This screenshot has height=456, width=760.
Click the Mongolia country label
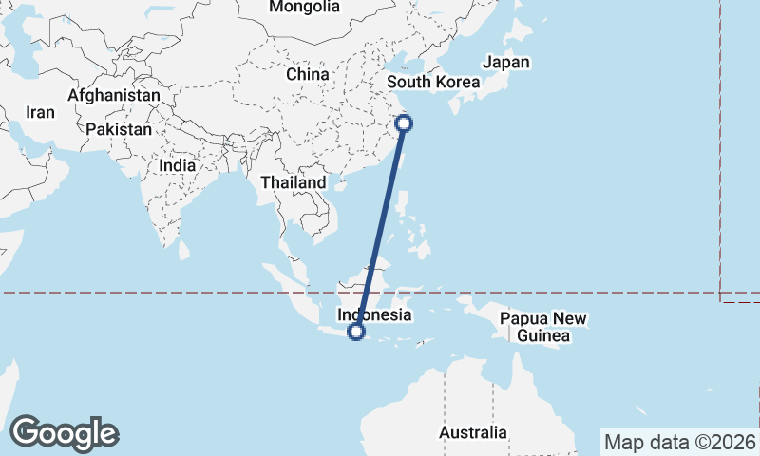pos(304,8)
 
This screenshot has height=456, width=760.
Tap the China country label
pos(307,74)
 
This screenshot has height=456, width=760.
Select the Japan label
pos(505,63)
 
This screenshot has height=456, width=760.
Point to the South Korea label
pos(432,82)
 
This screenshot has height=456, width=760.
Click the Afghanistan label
pos(114,96)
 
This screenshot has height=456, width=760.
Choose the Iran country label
pos(40,112)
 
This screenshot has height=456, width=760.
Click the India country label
pos(178,164)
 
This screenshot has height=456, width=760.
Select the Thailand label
pos(294,182)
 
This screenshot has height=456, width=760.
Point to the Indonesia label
pos(375,314)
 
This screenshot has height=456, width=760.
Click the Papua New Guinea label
pos(542,327)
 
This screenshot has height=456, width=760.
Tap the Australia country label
pos(472,433)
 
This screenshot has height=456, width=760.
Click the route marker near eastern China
pos(404,123)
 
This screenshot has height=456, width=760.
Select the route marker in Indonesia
pos(356,332)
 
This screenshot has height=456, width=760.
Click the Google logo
pos(64,433)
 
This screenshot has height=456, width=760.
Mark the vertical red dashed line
pos(720,142)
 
